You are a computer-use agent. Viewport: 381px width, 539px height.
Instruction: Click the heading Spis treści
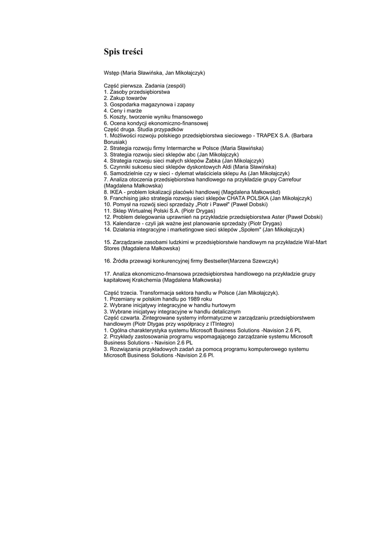pos(123,52)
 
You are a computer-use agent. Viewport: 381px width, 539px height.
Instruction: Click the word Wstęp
pos(111,73)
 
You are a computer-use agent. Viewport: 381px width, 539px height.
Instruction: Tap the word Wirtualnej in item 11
pos(140,211)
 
